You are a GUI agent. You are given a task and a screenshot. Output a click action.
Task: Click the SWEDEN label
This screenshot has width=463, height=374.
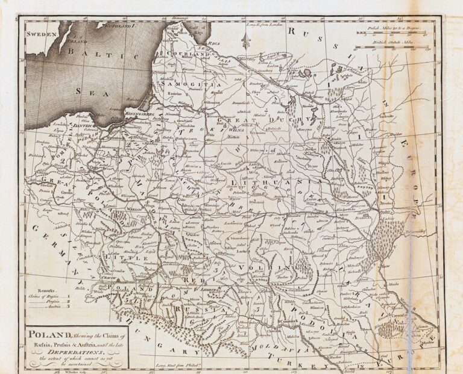coord(41,35)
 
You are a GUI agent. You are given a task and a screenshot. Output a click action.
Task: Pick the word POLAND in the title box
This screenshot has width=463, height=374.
coord(51,335)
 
